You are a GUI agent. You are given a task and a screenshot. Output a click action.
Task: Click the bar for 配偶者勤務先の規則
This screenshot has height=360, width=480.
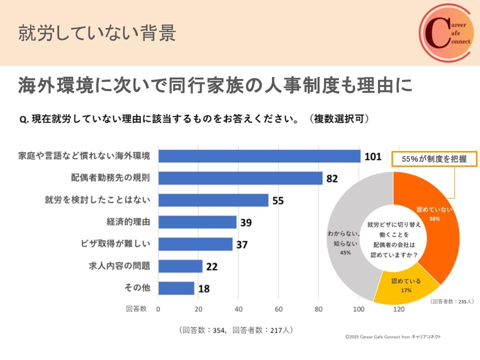[240, 178]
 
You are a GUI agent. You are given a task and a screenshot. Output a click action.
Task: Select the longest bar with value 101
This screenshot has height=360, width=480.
[259, 156]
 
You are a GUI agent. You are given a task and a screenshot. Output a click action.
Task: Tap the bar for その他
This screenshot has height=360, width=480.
[176, 288]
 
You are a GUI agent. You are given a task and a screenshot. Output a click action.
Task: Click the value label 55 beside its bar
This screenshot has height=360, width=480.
[278, 200]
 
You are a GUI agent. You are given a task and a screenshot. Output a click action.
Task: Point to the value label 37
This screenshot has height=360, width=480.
[241, 244]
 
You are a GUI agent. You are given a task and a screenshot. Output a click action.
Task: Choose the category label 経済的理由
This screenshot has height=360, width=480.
[128, 222]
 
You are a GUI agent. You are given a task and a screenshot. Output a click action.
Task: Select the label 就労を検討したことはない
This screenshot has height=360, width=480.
[97, 200]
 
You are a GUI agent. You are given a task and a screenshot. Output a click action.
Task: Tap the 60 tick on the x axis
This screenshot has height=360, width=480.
[278, 309]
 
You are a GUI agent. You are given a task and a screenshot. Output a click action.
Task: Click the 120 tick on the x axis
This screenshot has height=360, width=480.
[398, 309]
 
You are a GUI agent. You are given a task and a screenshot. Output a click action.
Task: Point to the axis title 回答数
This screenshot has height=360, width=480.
[136, 309]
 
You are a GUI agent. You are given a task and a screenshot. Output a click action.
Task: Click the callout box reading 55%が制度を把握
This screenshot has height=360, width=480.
[434, 159]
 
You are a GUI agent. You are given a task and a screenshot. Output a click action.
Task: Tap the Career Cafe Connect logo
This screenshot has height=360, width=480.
[445, 33]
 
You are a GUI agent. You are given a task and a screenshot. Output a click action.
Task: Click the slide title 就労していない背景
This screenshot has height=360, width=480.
[97, 33]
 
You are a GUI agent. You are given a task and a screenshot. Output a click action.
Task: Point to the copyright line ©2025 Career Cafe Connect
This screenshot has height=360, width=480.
[393, 336]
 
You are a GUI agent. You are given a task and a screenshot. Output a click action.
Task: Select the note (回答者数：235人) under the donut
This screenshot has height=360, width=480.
[451, 301]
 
